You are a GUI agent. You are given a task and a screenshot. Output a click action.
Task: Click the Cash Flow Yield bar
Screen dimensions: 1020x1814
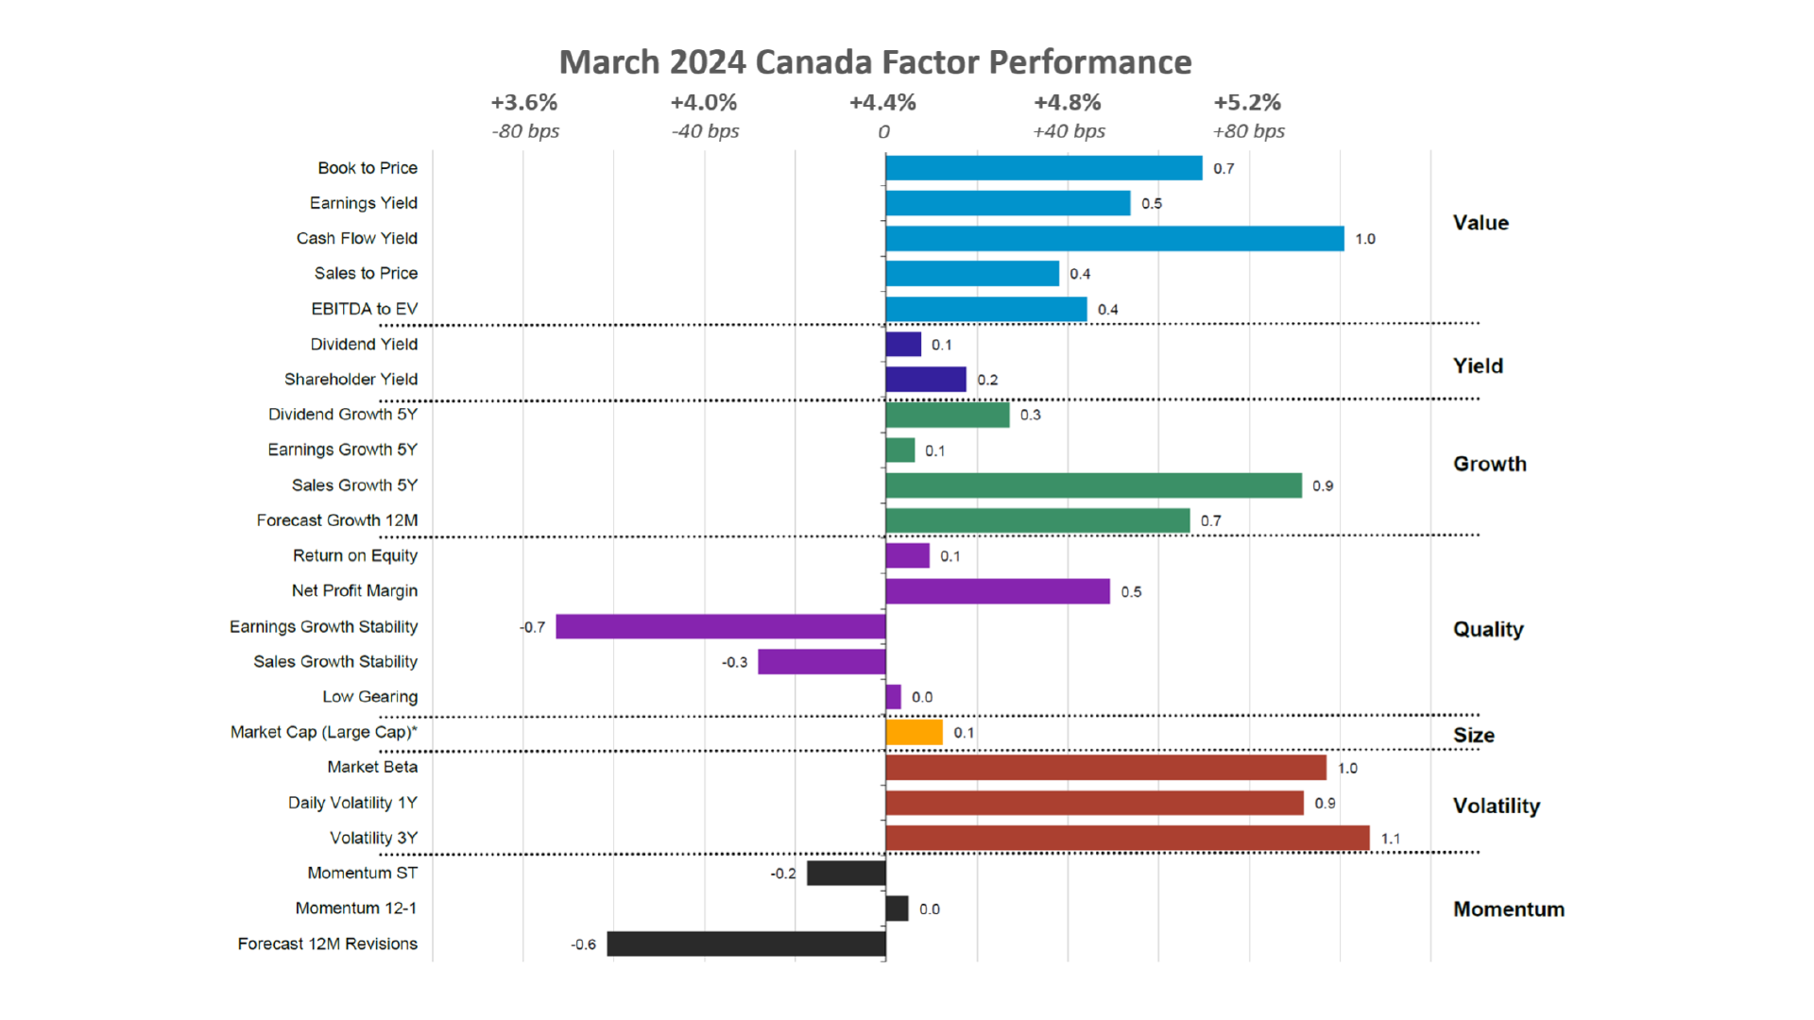(1115, 238)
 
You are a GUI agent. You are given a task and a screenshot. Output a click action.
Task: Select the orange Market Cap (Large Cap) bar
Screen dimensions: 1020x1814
(914, 732)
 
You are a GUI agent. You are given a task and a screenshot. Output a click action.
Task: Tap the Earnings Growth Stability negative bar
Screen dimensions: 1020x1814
(721, 626)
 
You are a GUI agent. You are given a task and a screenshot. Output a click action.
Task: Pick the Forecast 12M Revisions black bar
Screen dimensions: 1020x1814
(746, 943)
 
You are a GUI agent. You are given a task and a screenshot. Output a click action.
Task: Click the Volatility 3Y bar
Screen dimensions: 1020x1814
(1127, 838)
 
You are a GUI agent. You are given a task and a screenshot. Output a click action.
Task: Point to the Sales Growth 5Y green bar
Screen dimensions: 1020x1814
(1093, 485)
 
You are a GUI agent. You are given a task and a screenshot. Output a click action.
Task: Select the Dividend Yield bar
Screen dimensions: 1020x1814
(903, 344)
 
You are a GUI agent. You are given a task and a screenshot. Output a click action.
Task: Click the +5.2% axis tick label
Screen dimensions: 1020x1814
(1247, 102)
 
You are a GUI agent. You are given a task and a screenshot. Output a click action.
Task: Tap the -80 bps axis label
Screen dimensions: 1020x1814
(525, 131)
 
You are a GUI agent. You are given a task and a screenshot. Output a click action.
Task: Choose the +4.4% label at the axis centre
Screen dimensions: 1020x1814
(882, 102)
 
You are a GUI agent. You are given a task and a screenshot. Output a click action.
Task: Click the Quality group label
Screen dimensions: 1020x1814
(1488, 629)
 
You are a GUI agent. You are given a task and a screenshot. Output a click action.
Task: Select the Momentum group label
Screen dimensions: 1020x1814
(1508, 909)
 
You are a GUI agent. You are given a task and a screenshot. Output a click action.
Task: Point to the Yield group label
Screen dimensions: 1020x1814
(1478, 365)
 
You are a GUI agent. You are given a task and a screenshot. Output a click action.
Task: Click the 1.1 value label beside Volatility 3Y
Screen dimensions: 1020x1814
(1390, 839)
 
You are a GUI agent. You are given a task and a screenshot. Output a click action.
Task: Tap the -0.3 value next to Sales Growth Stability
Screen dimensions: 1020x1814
(734, 662)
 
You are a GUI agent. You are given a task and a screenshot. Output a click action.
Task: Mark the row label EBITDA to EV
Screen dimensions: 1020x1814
(364, 309)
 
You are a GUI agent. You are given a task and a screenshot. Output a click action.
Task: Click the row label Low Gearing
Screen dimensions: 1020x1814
(369, 696)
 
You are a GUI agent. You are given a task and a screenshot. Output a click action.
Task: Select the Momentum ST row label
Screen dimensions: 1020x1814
(362, 873)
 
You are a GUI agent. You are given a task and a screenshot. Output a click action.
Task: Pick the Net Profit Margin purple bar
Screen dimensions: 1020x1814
(998, 591)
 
